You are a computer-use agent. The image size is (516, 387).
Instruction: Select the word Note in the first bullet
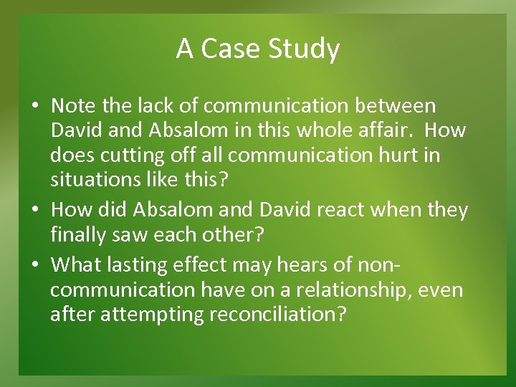(x=74, y=106)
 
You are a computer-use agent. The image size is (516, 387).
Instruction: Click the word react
(x=362, y=210)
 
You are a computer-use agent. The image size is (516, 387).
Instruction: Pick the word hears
(x=317, y=265)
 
